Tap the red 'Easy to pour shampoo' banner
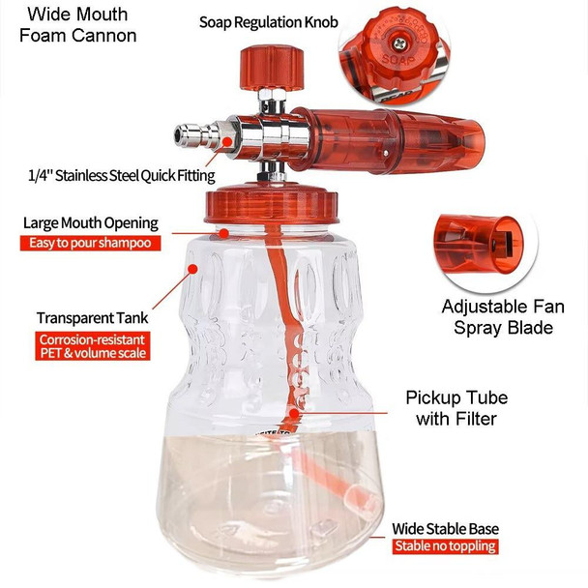point(90,244)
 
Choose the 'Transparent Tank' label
point(93,317)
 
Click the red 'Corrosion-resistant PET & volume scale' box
point(95,346)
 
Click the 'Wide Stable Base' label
point(445,529)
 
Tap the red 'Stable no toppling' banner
point(445,547)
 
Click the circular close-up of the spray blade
point(480,240)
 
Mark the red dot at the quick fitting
point(228,141)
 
